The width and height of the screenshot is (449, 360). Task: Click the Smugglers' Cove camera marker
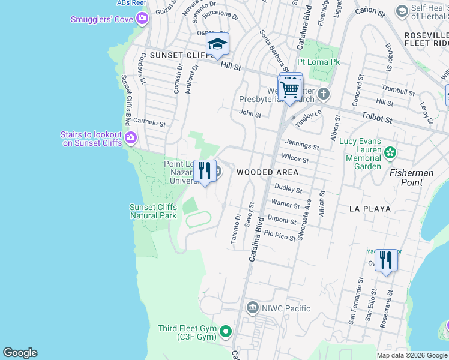coord(142,19)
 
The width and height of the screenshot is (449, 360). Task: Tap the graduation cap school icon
coord(217,44)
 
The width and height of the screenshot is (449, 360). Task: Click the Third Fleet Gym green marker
coord(226,331)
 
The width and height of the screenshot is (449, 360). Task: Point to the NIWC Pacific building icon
coord(253,308)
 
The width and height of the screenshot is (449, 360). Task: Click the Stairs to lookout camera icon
coord(131,139)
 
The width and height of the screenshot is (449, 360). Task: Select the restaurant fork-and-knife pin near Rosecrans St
coord(386,260)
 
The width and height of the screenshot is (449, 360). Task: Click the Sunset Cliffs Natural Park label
coord(154,211)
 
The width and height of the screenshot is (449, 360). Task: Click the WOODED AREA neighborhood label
coord(267,172)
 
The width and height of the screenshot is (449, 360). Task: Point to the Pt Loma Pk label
coord(319,62)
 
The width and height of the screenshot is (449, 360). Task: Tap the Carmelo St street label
coord(149,122)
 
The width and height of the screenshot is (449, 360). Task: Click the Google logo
coord(20,353)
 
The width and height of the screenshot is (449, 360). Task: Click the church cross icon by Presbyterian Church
coord(324,94)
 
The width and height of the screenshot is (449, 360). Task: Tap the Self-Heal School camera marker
coord(402,11)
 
